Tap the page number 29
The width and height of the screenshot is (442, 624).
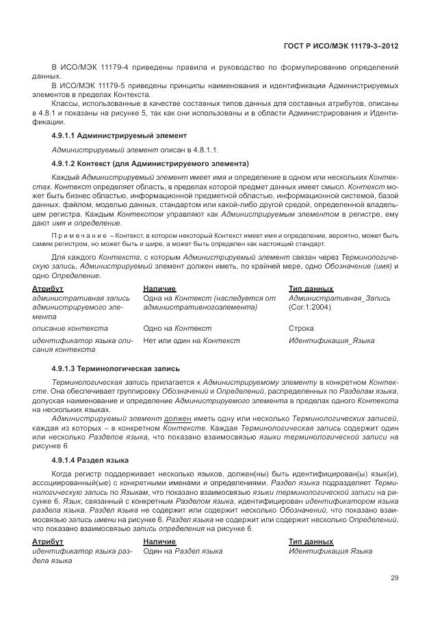[395, 578]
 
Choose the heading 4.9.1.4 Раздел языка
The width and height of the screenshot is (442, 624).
[90, 460]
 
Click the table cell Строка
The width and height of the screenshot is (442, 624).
[301, 328]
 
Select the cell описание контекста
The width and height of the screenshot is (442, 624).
[70, 328]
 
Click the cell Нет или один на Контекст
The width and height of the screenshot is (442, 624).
[192, 340]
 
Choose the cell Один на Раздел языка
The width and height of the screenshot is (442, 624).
[183, 550]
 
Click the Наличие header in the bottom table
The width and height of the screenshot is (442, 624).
[159, 541]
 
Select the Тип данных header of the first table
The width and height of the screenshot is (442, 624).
[311, 289]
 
